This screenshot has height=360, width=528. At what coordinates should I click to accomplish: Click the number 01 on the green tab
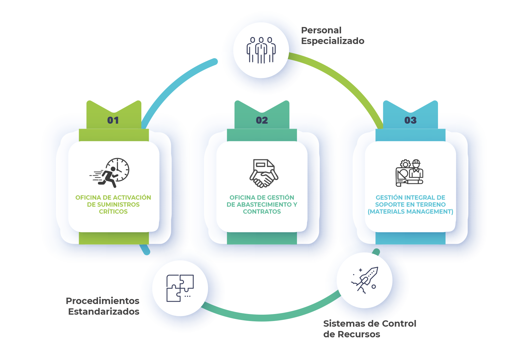pyautogui.click(x=113, y=120)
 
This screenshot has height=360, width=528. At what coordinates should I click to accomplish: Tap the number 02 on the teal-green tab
pyautogui.click(x=262, y=120)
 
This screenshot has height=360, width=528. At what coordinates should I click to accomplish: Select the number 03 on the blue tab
pyautogui.click(x=410, y=120)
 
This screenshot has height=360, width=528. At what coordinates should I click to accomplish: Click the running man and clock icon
pyautogui.click(x=110, y=173)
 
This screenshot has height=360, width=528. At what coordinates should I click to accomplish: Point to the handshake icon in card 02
pyautogui.click(x=264, y=173)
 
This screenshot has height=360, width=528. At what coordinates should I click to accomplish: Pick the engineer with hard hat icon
pyautogui.click(x=410, y=173)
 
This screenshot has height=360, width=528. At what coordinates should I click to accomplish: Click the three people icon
pyautogui.click(x=261, y=50)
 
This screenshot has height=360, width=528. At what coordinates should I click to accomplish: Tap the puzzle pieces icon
pyautogui.click(x=180, y=288)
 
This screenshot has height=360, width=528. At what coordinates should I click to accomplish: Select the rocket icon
pyautogui.click(x=365, y=280)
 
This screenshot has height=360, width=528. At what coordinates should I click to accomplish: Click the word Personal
pyautogui.click(x=321, y=30)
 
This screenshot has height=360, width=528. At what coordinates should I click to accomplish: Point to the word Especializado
pyautogui.click(x=332, y=41)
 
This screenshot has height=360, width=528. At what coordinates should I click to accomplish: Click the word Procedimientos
pyautogui.click(x=102, y=301)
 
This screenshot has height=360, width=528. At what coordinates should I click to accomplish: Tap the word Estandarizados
pyautogui.click(x=104, y=312)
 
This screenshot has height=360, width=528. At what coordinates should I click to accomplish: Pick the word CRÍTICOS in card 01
pyautogui.click(x=113, y=212)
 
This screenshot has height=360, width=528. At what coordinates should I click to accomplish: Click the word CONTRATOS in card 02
pyautogui.click(x=262, y=212)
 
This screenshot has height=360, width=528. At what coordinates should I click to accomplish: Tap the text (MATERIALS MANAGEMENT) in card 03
pyautogui.click(x=410, y=212)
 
